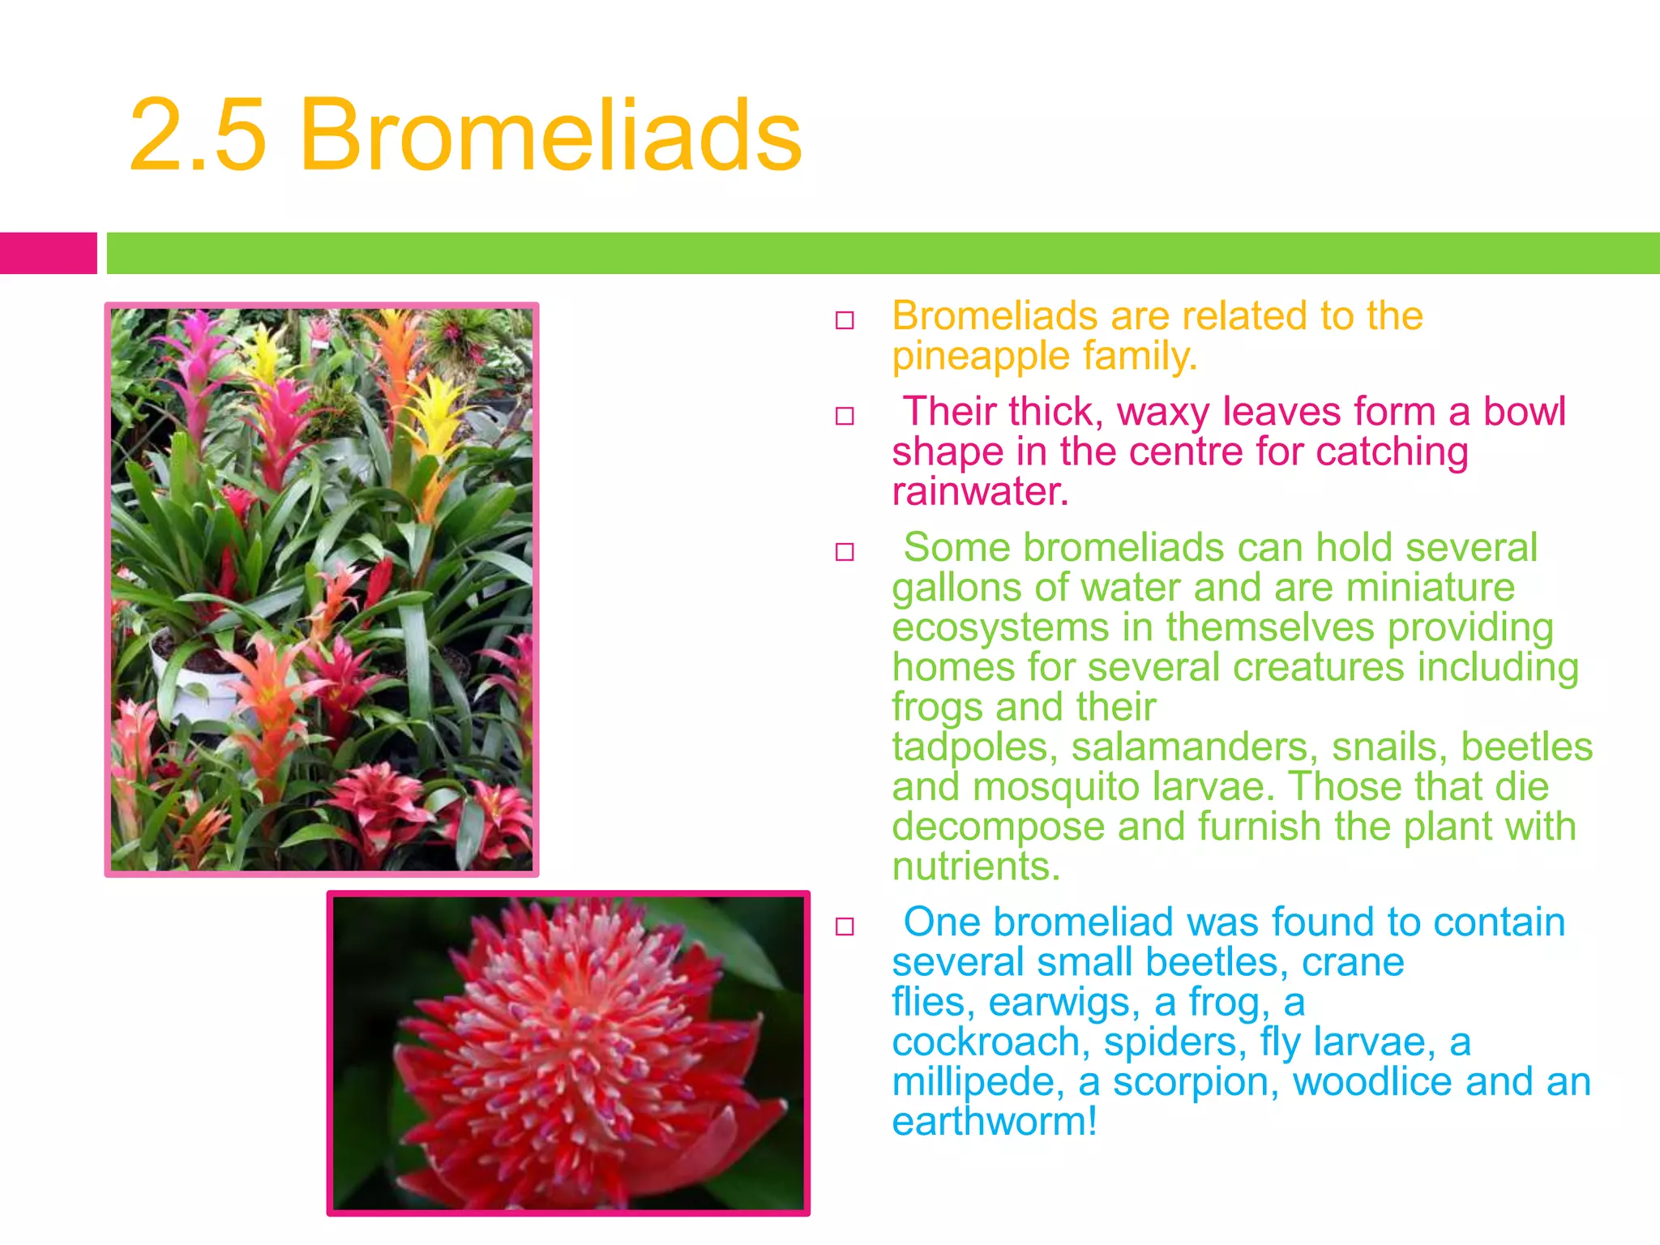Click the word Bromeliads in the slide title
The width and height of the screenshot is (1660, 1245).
[x=551, y=136]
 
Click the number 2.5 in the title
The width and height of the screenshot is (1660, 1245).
[x=198, y=136]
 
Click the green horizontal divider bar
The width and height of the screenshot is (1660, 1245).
[x=882, y=253]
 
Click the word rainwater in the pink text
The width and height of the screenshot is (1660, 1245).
[x=978, y=492]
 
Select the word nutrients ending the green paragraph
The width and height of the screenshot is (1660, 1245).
[x=974, y=866]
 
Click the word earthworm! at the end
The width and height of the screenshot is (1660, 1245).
[x=995, y=1122]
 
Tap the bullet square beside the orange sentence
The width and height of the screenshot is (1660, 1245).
[x=845, y=320]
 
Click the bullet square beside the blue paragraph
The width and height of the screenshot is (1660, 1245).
[x=845, y=926]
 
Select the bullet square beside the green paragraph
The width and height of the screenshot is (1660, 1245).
[x=845, y=552]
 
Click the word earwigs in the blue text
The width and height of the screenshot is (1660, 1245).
[x=1059, y=1003]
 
